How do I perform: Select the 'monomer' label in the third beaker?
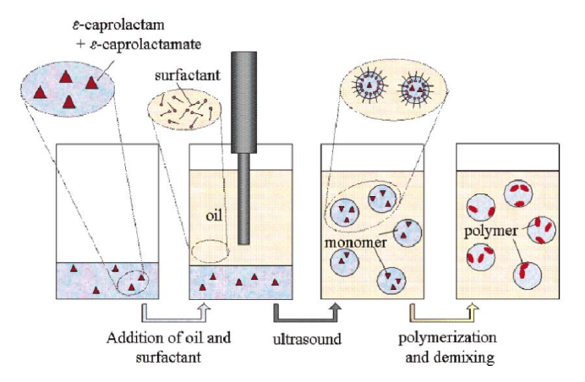point(353,243)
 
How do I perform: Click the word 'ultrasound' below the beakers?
point(307,341)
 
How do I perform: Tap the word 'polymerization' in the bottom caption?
point(447,338)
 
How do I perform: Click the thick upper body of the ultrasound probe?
point(243,101)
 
